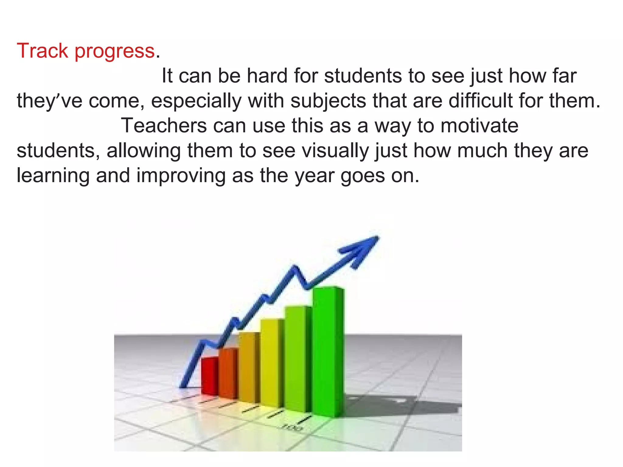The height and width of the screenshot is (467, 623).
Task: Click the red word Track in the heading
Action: point(42,51)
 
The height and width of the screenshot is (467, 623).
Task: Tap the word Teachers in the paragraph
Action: point(164,126)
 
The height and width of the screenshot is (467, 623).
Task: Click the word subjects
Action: point(328,101)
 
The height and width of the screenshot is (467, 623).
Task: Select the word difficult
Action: point(481,101)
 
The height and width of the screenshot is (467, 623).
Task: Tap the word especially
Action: point(196,101)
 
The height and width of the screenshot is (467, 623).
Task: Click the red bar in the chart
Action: point(210,376)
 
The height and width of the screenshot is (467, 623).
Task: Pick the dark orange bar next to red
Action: point(228,373)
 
